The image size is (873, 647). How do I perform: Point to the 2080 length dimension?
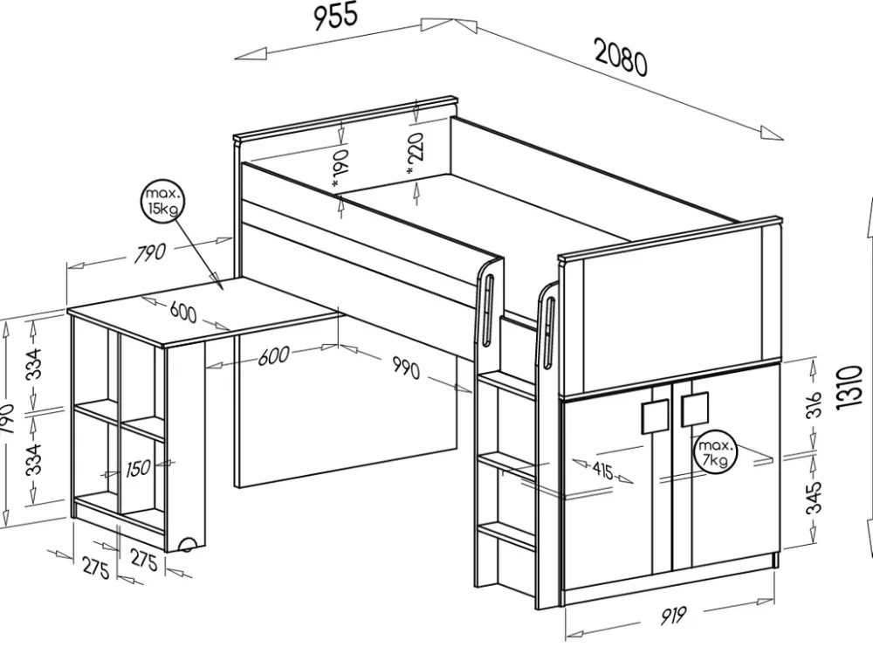click(x=621, y=59)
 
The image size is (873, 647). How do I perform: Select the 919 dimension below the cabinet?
click(x=670, y=616)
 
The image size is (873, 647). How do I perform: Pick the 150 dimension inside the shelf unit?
click(x=138, y=469)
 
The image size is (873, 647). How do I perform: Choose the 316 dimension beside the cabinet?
click(x=814, y=404)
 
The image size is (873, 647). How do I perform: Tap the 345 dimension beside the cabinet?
click(x=814, y=498)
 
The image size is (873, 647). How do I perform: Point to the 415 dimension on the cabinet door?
click(x=601, y=471)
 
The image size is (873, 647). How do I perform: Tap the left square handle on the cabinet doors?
click(x=655, y=417)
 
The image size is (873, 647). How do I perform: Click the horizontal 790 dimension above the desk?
click(x=150, y=254)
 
